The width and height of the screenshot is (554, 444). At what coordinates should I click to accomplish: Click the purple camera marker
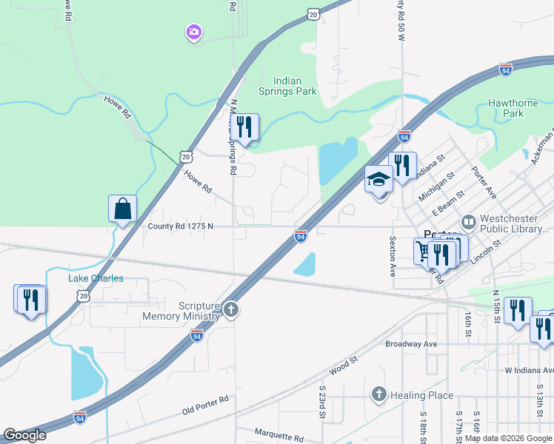click(x=193, y=32)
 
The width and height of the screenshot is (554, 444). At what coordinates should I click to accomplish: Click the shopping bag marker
click(x=122, y=209)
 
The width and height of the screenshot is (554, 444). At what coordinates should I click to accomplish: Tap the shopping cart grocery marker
click(x=423, y=252)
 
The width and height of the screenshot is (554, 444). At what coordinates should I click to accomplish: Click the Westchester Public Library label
click(x=515, y=223)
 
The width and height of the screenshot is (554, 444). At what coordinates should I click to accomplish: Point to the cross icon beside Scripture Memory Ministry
click(x=231, y=310)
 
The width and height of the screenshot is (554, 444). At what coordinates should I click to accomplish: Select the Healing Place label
click(x=421, y=395)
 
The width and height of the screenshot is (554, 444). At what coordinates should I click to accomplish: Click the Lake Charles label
click(x=96, y=278)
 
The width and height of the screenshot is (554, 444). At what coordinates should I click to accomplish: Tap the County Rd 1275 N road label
click(x=180, y=226)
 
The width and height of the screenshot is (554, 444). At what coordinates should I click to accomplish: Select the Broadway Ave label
click(x=411, y=344)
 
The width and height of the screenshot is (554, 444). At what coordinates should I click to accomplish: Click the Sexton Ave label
click(x=393, y=253)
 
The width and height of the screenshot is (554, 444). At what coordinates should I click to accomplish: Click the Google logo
click(x=24, y=435)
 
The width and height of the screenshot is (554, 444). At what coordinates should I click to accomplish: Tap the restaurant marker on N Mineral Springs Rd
click(x=245, y=127)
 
